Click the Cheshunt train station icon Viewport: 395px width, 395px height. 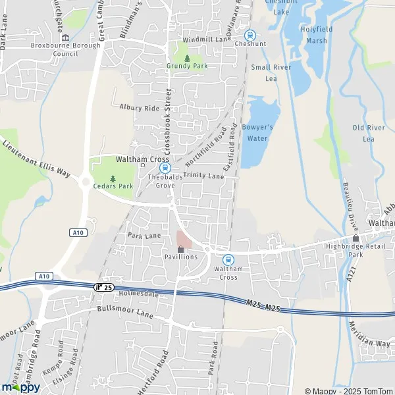(250, 36)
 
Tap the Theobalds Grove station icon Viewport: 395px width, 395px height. (167, 169)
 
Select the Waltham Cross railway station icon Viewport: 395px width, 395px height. (228, 260)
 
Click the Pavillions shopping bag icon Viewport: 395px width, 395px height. (181, 249)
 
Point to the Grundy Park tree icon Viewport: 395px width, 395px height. (187, 59)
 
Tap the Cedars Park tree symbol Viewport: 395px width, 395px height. (113, 178)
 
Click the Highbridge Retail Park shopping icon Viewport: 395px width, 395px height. (356, 238)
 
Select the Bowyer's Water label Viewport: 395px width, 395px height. (257, 132)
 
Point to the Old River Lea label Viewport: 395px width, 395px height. (368, 133)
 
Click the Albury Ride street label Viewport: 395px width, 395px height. (140, 107)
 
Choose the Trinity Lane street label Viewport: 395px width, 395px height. (204, 176)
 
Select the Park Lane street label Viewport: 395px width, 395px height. (144, 235)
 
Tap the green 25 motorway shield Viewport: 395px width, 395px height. (103, 286)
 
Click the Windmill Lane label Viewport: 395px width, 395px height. (206, 40)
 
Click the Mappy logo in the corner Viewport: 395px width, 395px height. (20, 386)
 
